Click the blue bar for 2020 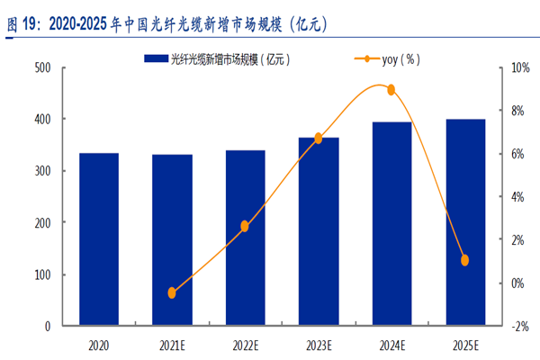(x=98, y=238)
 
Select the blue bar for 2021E (x=172, y=239)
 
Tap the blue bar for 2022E (x=245, y=237)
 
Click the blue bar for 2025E (x=465, y=221)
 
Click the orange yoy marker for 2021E (x=172, y=292)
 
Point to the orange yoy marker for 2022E (x=245, y=226)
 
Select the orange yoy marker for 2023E (x=319, y=138)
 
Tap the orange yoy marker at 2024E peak (x=391, y=89)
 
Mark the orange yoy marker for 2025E (x=465, y=260)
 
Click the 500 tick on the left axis (x=41, y=67)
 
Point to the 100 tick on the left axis (x=41, y=274)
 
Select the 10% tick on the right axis (x=519, y=67)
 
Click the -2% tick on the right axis (x=519, y=326)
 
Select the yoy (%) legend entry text (x=400, y=58)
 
